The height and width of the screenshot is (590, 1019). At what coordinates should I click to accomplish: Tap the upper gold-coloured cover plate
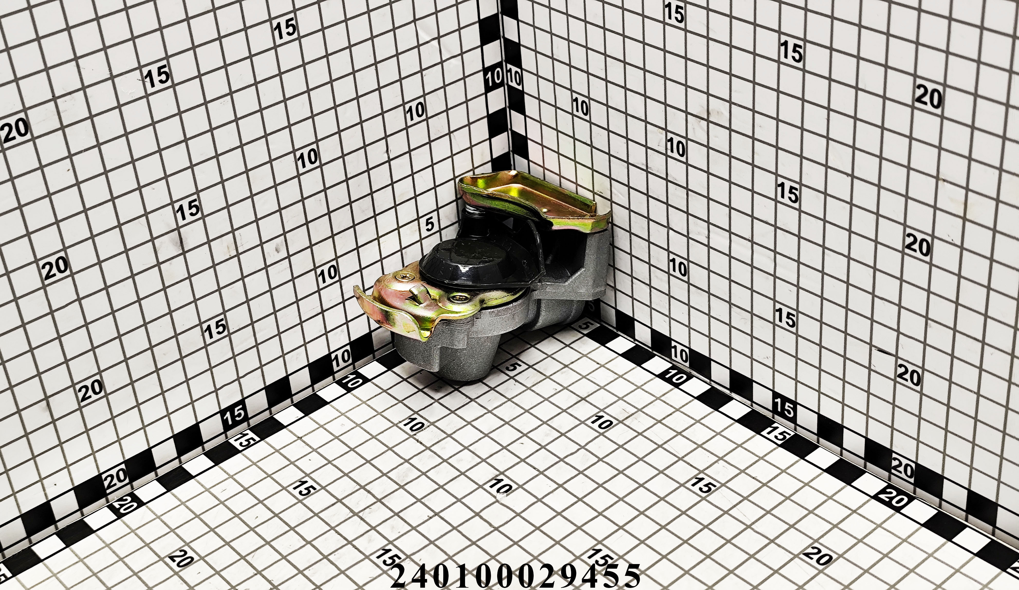click(x=534, y=198)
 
